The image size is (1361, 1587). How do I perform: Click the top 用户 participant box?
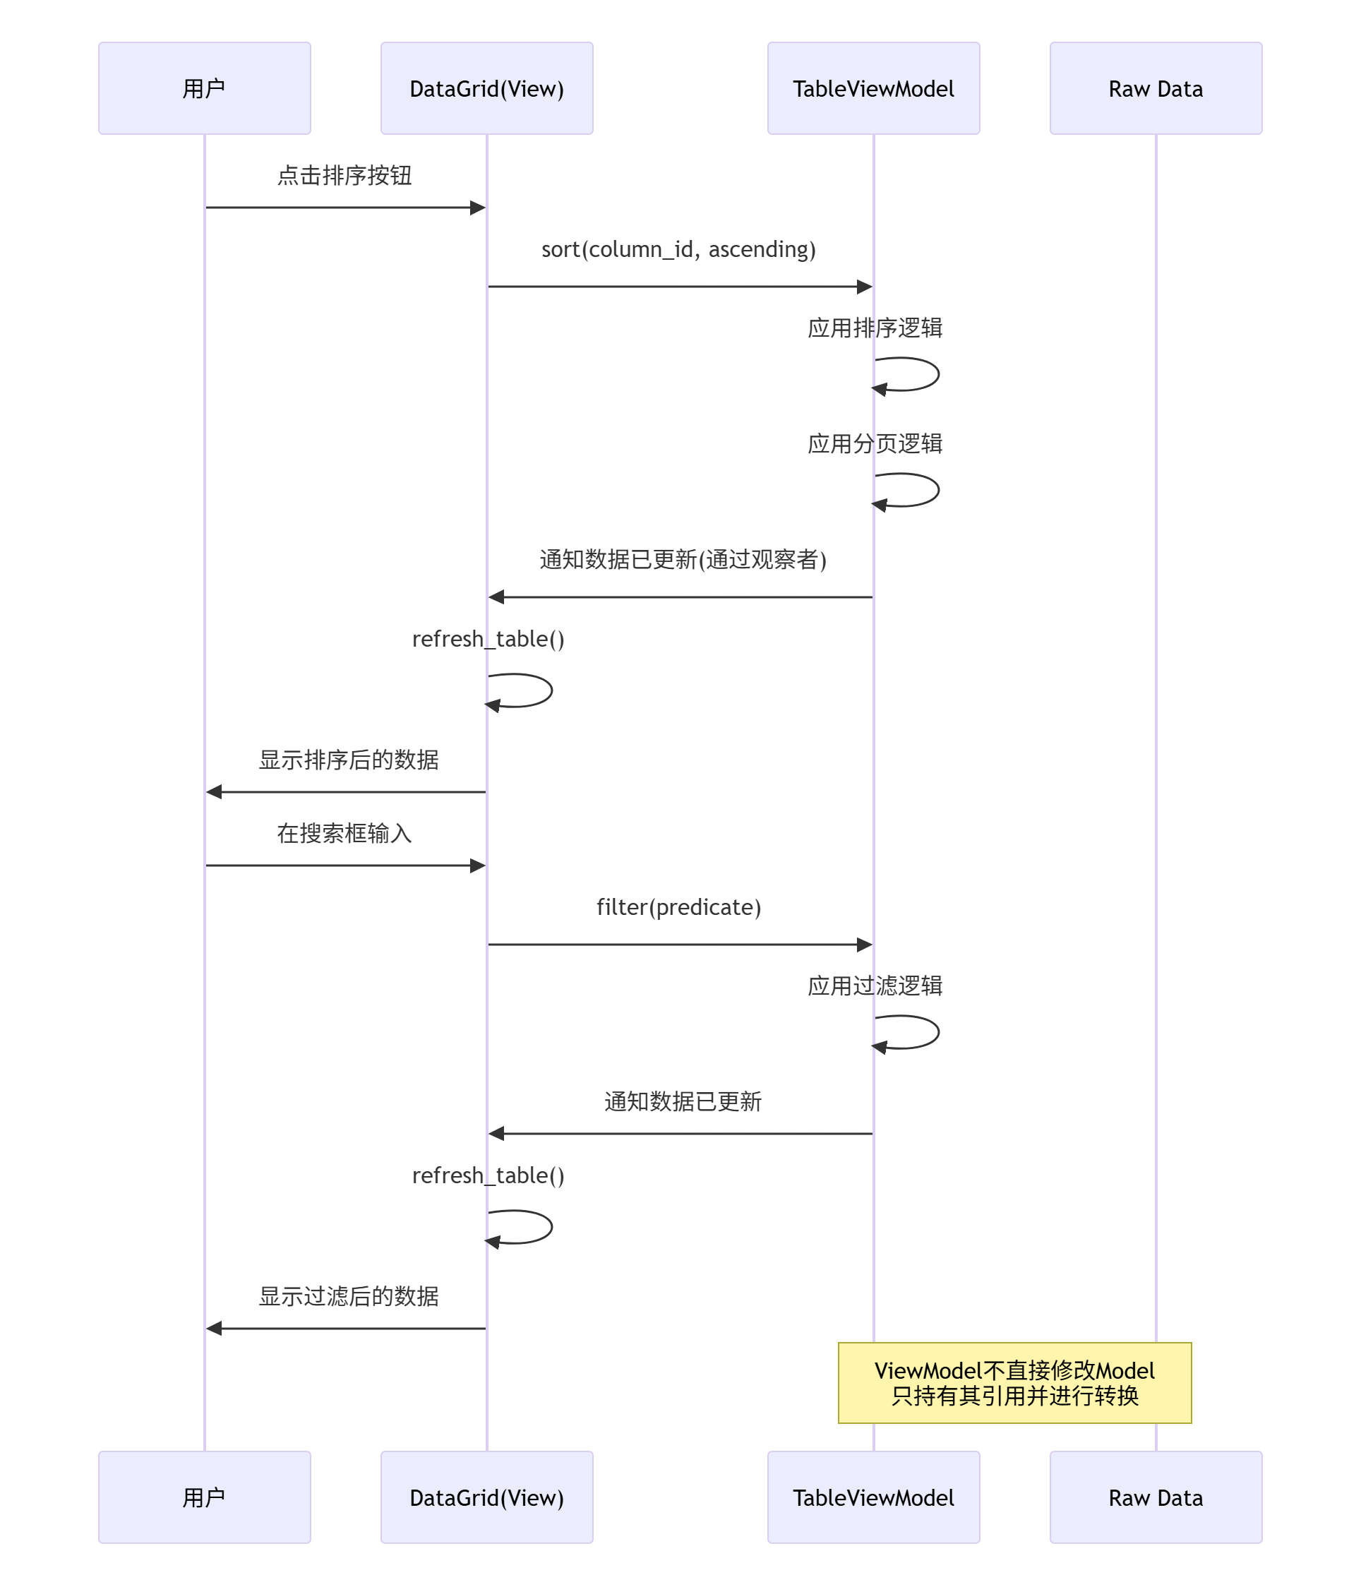205,88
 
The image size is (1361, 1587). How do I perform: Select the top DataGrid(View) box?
486,88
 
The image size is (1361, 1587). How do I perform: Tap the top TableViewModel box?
873,88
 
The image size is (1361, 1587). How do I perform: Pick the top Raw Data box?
1155,88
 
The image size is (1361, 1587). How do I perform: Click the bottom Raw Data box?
1155,1497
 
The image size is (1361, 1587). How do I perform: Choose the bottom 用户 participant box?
205,1497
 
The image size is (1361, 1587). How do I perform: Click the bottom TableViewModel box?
873,1497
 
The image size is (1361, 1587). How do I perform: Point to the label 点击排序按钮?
344,175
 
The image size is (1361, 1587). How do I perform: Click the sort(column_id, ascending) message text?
678,249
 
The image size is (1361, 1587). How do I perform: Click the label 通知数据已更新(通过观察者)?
683,560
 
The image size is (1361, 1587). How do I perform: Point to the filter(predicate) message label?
678,907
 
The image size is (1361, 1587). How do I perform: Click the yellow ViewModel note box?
1014,1382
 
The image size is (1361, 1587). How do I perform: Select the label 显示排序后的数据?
349,760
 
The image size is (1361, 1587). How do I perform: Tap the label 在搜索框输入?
344,833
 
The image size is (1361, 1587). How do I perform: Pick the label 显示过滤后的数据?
349,1296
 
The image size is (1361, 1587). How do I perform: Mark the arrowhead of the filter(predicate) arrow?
865,945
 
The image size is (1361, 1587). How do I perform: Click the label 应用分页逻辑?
875,443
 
